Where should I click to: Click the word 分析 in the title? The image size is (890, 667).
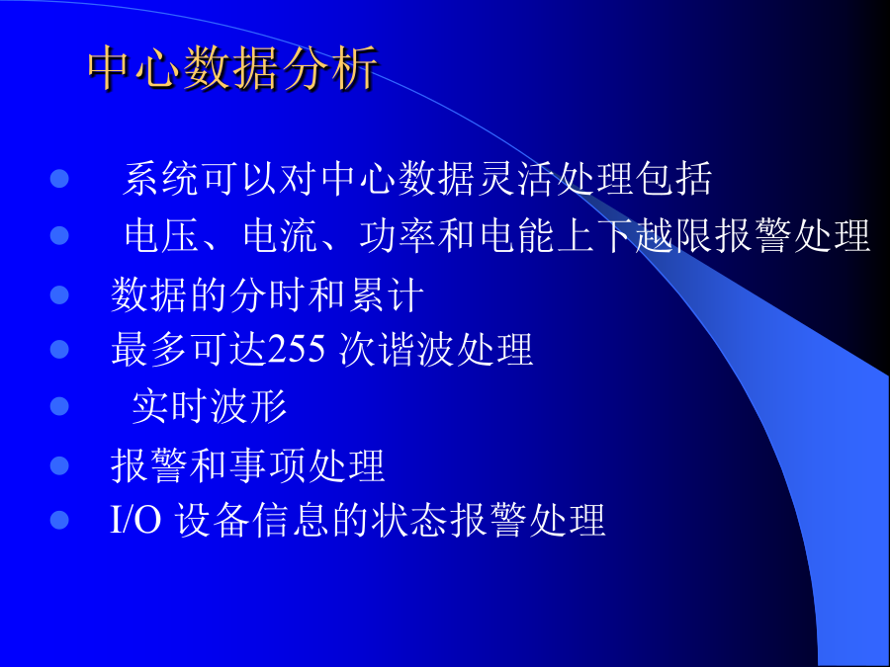point(329,68)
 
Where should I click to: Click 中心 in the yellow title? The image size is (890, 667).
point(135,68)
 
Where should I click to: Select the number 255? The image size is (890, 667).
point(297,349)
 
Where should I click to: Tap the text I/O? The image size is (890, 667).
point(135,520)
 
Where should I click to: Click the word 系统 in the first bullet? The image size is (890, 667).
point(160,179)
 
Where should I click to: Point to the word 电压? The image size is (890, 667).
point(161,235)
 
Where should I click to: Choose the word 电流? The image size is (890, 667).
point(280,235)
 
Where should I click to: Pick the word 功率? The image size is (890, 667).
point(398,235)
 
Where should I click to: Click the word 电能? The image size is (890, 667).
point(517,235)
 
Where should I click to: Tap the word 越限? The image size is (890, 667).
point(673,235)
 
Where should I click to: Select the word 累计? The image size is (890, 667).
point(386,294)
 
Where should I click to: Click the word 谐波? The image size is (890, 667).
point(416,349)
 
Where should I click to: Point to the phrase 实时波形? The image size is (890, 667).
point(209,406)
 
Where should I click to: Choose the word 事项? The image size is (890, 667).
point(268,465)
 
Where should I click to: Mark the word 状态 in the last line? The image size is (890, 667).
point(409,520)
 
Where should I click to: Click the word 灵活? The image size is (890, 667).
point(515,179)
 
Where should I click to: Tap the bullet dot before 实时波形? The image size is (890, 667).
point(59,406)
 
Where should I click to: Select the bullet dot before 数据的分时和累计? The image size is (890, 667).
point(59,294)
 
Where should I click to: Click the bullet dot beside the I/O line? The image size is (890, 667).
point(59,520)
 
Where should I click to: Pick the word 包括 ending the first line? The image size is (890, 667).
point(673,179)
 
